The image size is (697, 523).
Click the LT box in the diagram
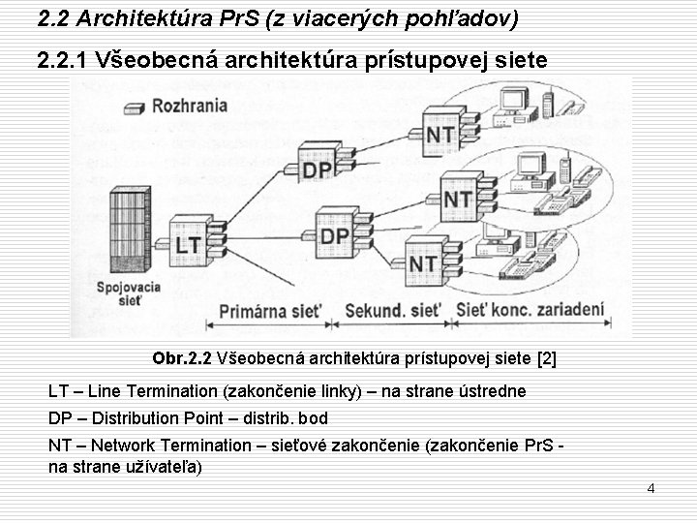pyautogui.click(x=189, y=244)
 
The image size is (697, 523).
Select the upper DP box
pyautogui.click(x=317, y=169)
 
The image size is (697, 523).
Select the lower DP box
pyautogui.click(x=335, y=235)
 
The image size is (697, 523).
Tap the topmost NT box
pyautogui.click(x=440, y=134)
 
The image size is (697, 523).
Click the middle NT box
pyautogui.click(x=458, y=199)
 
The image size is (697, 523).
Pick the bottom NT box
pyautogui.click(x=423, y=262)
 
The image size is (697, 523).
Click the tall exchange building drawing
pyautogui.click(x=130, y=232)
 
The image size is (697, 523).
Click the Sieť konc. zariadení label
pyautogui.click(x=530, y=311)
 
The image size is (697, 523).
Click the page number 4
pyautogui.click(x=651, y=488)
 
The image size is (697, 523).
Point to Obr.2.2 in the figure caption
pyautogui.click(x=182, y=358)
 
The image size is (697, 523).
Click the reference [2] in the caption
pyautogui.click(x=546, y=358)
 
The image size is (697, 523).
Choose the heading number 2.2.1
pyautogui.click(x=63, y=61)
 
